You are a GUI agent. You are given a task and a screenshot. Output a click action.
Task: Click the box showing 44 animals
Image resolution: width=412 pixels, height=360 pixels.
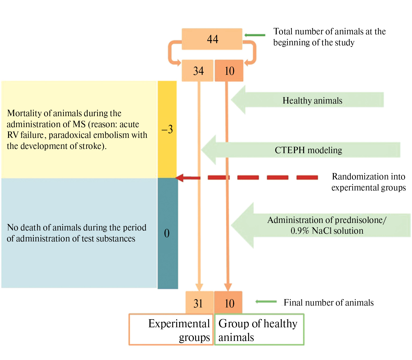click(212, 39)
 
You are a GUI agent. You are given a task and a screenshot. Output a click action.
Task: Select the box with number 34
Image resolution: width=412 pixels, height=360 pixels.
click(198, 71)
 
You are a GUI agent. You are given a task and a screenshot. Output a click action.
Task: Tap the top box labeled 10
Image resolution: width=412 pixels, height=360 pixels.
click(229, 71)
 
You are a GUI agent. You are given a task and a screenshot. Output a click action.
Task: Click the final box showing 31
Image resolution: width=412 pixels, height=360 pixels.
click(198, 303)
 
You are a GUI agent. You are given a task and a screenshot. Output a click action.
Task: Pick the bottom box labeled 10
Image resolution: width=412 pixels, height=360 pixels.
click(229, 303)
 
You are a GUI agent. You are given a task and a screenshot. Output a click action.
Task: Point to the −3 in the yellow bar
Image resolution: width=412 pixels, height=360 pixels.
click(167, 129)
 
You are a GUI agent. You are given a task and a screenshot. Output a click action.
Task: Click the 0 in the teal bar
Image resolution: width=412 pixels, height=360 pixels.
click(167, 233)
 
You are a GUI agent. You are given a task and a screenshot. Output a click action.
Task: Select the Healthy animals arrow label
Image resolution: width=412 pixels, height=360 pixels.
click(312, 100)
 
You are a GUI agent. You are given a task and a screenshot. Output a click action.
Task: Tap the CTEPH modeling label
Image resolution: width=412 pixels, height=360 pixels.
click(308, 150)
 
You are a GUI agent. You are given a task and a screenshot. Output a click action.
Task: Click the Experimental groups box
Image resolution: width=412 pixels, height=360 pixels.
click(171, 329)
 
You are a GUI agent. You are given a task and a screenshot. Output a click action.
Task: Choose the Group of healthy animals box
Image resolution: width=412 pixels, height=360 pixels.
click(259, 329)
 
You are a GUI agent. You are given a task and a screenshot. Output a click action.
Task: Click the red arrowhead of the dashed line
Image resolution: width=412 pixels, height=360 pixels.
click(180, 178)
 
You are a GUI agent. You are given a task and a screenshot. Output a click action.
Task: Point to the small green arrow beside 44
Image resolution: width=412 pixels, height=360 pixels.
click(255, 35)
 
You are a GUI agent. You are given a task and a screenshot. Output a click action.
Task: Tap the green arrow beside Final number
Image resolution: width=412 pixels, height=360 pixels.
click(266, 302)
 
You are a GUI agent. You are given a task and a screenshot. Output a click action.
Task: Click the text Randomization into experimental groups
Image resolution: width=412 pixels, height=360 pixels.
click(368, 182)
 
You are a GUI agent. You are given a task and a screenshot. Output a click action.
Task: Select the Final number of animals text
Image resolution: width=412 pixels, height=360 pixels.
click(328, 303)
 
